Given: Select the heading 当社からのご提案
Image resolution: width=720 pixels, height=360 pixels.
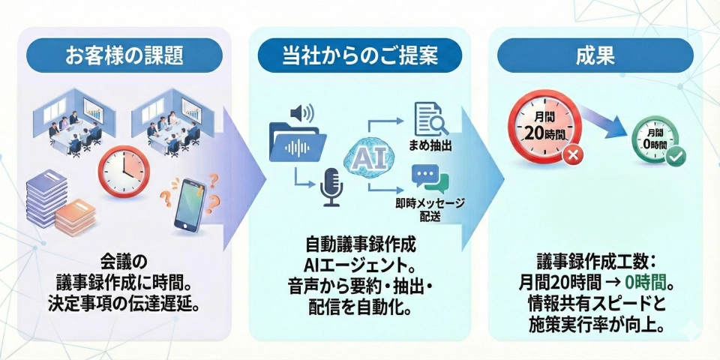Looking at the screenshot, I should coord(359,56).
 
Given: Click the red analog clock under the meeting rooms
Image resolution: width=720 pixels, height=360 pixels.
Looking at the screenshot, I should coord(123,171).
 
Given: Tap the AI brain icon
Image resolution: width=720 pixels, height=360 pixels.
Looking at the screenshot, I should coord(365,158).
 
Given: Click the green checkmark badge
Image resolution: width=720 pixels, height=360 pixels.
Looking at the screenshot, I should coord(676,157).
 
